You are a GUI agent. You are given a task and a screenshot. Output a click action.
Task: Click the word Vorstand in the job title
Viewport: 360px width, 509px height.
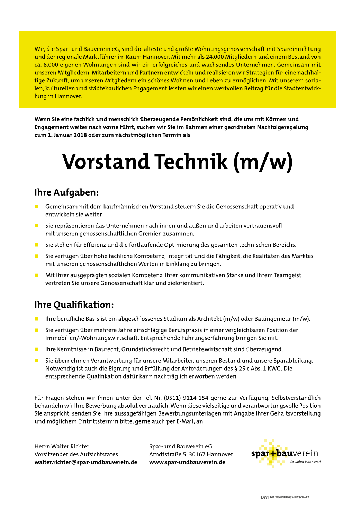click(x=106, y=162)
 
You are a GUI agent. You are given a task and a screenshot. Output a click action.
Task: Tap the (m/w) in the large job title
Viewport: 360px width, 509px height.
click(x=263, y=162)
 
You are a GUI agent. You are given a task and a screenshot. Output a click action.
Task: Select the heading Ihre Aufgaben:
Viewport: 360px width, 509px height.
click(x=66, y=192)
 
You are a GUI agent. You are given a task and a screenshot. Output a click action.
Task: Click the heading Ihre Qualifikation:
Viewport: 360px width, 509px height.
click(x=74, y=305)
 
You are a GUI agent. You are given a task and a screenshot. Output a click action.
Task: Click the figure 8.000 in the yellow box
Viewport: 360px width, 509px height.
click(x=51, y=65)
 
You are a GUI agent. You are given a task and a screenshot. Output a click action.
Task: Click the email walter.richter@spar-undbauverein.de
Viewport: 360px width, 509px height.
click(x=86, y=462)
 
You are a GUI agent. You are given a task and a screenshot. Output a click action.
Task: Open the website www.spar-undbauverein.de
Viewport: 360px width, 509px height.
click(x=187, y=462)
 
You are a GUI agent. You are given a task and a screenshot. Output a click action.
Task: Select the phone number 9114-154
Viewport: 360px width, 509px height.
click(x=196, y=398)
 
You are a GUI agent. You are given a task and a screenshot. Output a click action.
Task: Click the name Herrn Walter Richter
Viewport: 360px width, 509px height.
click(x=62, y=447)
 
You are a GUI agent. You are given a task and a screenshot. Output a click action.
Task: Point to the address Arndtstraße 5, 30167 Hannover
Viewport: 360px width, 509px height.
click(x=191, y=454)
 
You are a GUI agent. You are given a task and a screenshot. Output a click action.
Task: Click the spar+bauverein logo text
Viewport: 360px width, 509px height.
click(x=284, y=453)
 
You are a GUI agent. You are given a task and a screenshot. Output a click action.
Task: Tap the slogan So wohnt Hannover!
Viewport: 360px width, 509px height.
click(x=305, y=462)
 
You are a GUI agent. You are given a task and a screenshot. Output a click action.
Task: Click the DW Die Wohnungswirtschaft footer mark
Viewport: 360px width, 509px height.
click(x=285, y=497)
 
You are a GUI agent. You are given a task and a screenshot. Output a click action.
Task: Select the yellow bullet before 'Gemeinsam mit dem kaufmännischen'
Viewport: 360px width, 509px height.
click(x=37, y=207)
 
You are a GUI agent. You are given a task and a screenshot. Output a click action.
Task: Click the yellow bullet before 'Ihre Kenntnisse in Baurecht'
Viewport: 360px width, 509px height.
click(x=37, y=349)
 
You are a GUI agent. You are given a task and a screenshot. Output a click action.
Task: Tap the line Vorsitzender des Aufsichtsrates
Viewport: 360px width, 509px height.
click(x=76, y=454)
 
